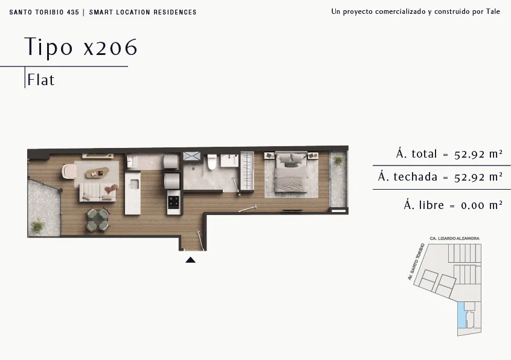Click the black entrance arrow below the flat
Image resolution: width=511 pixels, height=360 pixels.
coord(190,260)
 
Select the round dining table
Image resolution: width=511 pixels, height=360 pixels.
coord(98,220)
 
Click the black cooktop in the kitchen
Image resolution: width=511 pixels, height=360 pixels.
coord(174,202)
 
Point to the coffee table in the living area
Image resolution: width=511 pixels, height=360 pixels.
coord(97,173)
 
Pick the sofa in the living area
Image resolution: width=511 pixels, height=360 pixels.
coord(98,192)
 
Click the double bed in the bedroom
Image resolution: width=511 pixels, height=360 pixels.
coord(291,172)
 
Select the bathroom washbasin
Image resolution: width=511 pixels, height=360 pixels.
coord(230,161)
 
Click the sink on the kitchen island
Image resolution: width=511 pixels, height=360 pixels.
coord(134,184)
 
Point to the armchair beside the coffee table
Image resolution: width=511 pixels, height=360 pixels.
coord(69,172)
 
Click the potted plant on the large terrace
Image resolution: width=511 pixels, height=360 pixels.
coord(38,226)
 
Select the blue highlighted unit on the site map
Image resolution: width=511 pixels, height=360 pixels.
coord(461,315)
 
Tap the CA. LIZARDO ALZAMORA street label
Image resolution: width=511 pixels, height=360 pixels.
coord(454,239)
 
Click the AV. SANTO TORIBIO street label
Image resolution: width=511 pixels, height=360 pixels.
coord(416,262)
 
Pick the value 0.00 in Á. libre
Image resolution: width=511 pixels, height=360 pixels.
coord(472,205)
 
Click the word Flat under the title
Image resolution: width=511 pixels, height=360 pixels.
coord(40,80)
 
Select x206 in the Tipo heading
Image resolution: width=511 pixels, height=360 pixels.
coord(111,47)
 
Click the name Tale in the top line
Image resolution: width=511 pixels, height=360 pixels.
coord(493,11)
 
